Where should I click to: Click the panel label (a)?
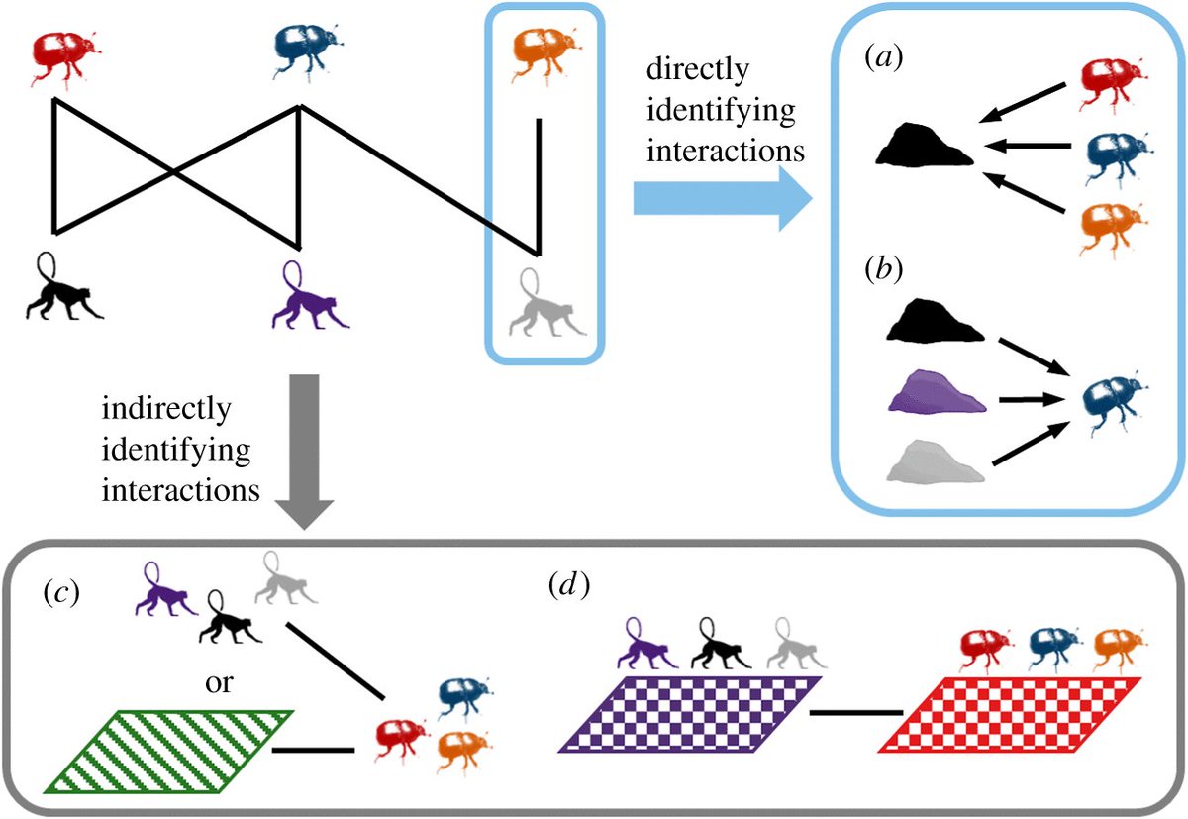pos(877,58)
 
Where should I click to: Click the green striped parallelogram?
pos(169,752)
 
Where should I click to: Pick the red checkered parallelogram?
pos(1010,714)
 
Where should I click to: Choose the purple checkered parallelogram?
pos(689,714)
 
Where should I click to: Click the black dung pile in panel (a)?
pos(926,149)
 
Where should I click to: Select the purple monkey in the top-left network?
pos(308,298)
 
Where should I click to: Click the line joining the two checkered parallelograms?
pos(855,713)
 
